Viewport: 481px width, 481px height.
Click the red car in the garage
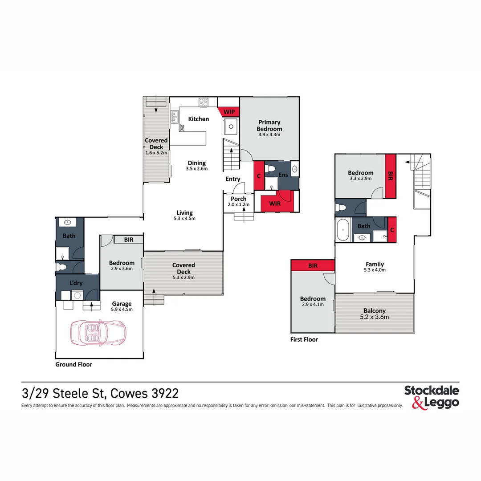tap(98, 333)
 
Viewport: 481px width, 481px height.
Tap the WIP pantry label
tap(229, 112)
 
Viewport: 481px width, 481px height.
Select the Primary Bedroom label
tap(269, 126)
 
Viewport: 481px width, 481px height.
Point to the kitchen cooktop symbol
tap(204, 102)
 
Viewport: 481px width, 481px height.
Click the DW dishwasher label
tap(182, 128)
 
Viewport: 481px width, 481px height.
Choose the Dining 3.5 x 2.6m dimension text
tap(197, 169)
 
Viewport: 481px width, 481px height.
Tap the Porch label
tap(239, 199)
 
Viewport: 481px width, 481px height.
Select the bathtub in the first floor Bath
tap(343, 230)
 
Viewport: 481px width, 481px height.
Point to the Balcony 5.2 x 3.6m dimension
tap(375, 317)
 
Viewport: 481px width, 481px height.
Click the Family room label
tap(375, 264)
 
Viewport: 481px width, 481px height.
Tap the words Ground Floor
tap(73, 364)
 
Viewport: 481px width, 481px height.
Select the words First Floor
tap(304, 339)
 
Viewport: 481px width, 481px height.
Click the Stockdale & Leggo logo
tap(432, 397)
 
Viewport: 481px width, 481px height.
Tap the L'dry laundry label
tap(76, 283)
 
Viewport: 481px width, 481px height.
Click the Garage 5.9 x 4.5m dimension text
tap(122, 310)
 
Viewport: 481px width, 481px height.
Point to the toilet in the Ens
tap(270, 169)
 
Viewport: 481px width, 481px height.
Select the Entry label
tap(233, 179)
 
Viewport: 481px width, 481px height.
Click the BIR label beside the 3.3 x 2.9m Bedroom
tap(390, 176)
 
